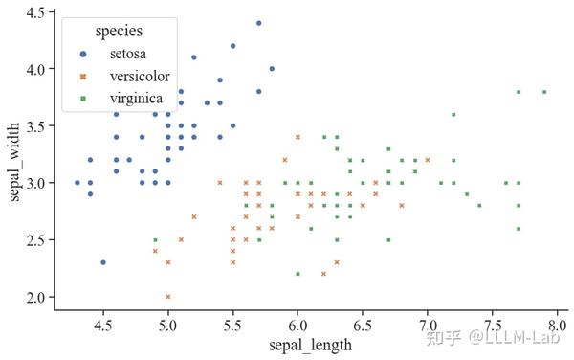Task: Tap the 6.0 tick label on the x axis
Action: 298,327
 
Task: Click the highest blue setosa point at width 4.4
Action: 258,23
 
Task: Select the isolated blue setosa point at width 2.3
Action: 103,262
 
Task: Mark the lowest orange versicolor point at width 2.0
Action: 168,297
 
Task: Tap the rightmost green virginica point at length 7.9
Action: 544,92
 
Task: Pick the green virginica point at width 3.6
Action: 453,115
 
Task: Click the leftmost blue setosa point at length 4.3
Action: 77,183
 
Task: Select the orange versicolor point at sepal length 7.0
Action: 428,160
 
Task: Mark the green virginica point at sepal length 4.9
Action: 155,240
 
